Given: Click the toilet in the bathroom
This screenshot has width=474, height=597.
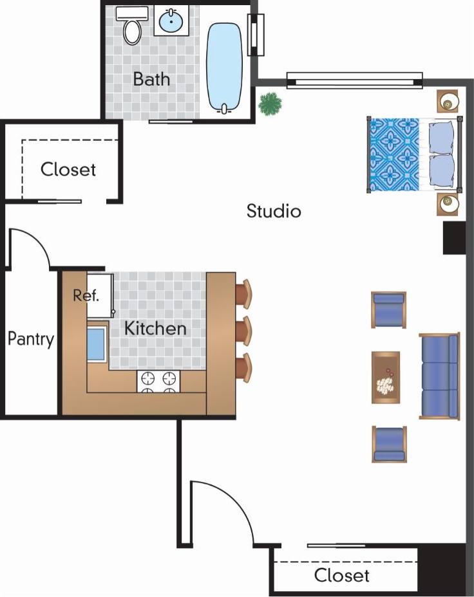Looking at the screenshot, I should pyautogui.click(x=133, y=28).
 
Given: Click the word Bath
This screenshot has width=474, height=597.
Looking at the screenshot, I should pyautogui.click(x=152, y=79).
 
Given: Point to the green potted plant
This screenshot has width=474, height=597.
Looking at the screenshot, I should pyautogui.click(x=270, y=103).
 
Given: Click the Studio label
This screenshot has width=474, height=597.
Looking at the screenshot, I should pyautogui.click(x=274, y=210).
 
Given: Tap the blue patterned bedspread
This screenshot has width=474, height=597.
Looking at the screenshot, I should pyautogui.click(x=393, y=154).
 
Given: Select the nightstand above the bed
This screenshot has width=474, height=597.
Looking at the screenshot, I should pyautogui.click(x=448, y=102).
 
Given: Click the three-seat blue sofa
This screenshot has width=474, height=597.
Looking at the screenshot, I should pyautogui.click(x=440, y=375).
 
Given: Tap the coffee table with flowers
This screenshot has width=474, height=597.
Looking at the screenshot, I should pyautogui.click(x=386, y=377).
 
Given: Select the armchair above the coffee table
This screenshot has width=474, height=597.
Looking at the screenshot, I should pyautogui.click(x=388, y=309).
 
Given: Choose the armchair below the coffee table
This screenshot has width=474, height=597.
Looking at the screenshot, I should pyautogui.click(x=388, y=444).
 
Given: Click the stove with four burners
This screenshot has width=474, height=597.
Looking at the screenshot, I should pyautogui.click(x=158, y=381).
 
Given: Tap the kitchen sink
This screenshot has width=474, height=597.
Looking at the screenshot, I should pyautogui.click(x=96, y=344).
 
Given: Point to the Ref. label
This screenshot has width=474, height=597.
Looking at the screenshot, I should pyautogui.click(x=86, y=296).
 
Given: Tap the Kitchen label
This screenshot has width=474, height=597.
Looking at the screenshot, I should pyautogui.click(x=155, y=328).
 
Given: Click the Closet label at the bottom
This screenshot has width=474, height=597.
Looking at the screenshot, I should pyautogui.click(x=342, y=575).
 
